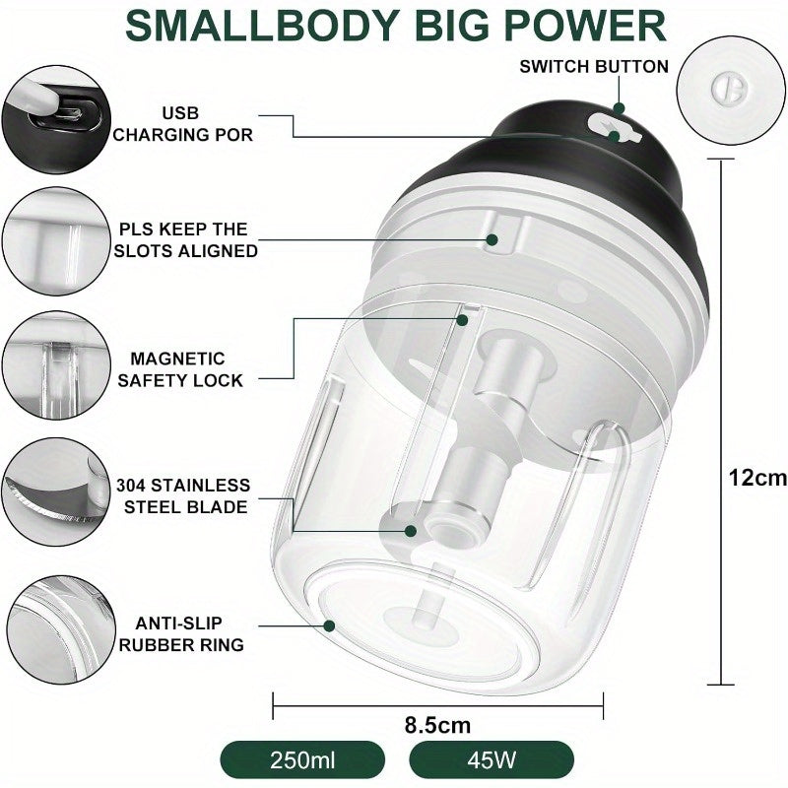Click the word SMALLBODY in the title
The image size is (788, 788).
262,27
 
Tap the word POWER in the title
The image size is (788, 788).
585,27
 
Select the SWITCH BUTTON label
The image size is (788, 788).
594,67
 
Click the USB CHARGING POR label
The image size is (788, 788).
182,124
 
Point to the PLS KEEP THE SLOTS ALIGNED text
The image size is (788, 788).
185,239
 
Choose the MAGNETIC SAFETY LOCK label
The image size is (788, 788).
180,369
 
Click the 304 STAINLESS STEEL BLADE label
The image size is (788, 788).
183,496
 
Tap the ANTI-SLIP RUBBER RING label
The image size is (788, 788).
181,633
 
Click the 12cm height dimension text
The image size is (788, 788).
757,478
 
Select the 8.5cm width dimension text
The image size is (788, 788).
437,725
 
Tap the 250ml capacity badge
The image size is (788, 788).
302,759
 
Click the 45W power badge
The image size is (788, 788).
492,759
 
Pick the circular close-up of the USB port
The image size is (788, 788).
56,119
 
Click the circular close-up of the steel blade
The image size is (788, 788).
56,492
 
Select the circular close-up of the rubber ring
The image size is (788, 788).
61,629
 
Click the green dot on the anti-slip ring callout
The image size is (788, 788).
330,625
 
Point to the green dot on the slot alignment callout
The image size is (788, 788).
492,239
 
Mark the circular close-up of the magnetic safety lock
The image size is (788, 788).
56,364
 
